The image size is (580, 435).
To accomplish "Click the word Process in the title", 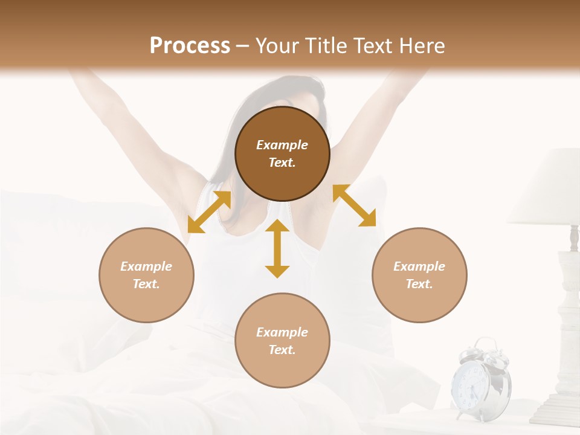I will [x=190, y=46].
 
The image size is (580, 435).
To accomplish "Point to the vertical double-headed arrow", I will [x=277, y=248].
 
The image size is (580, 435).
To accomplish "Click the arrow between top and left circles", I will [x=209, y=212].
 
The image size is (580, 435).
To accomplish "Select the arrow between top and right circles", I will [x=354, y=205].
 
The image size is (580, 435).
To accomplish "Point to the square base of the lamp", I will [x=556, y=411].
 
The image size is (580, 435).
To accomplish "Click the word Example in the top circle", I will [x=282, y=145].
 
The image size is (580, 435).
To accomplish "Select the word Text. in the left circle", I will [x=146, y=284].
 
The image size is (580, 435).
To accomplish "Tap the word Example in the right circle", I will [x=419, y=266].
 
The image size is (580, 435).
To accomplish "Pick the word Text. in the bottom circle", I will [x=282, y=350].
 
